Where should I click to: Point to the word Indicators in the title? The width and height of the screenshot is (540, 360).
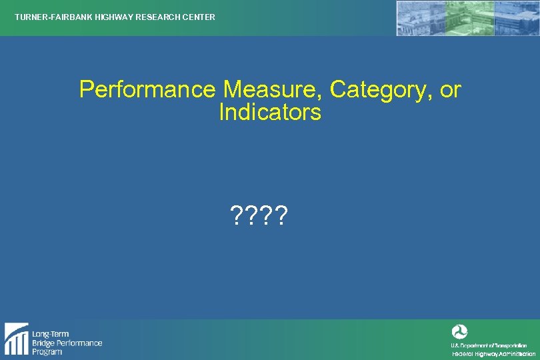point(270,112)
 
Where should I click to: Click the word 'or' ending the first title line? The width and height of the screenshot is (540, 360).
point(451,89)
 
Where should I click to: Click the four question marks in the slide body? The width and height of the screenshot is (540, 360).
point(259,215)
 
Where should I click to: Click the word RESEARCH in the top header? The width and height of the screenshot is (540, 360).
point(156,17)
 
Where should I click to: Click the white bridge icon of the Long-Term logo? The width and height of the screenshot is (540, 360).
point(16,339)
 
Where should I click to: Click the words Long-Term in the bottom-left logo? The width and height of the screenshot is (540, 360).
point(51,334)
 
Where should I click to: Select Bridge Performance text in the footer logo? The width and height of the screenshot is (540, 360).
point(67,343)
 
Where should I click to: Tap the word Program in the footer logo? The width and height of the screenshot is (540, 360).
point(47,351)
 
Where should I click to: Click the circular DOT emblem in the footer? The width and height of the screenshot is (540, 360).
point(459,331)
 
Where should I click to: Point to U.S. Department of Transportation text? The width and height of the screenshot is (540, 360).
point(489,345)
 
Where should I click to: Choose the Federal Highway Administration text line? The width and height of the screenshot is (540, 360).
point(493,354)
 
